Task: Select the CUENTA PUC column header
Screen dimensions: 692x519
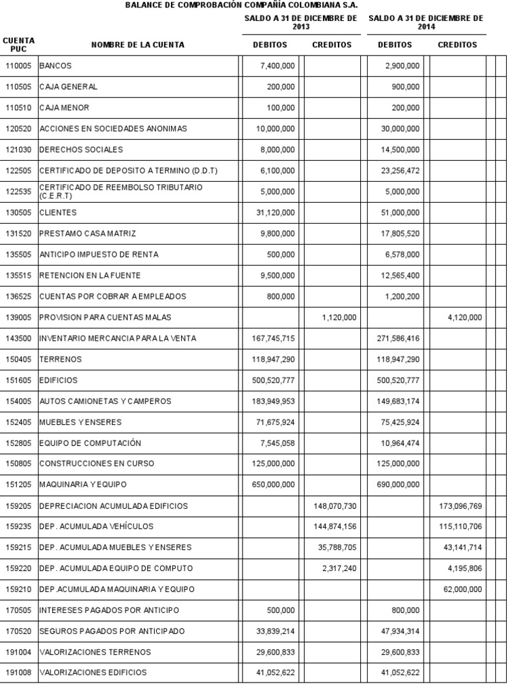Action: pyautogui.click(x=19, y=45)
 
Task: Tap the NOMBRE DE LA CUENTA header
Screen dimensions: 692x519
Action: pyautogui.click(x=138, y=45)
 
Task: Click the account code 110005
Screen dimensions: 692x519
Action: pyautogui.click(x=18, y=66)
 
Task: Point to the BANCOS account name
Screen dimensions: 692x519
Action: pyautogui.click(x=56, y=66)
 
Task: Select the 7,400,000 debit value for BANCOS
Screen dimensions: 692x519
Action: pyautogui.click(x=277, y=66)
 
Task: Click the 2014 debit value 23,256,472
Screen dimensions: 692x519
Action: pyautogui.click(x=400, y=171)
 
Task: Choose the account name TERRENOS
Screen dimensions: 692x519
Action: pyautogui.click(x=60, y=360)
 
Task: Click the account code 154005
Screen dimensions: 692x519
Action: pyautogui.click(x=18, y=401)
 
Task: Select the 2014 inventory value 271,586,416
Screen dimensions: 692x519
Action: pyautogui.click(x=398, y=339)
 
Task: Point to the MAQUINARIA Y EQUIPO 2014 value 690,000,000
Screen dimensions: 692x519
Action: pyautogui.click(x=398, y=485)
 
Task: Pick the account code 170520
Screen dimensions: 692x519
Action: pyautogui.click(x=18, y=631)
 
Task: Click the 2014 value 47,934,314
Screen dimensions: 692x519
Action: pyautogui.click(x=400, y=631)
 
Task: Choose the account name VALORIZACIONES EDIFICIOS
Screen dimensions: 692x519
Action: pyautogui.click(x=93, y=673)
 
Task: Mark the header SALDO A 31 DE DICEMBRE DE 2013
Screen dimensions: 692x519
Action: pyautogui.click(x=301, y=22)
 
